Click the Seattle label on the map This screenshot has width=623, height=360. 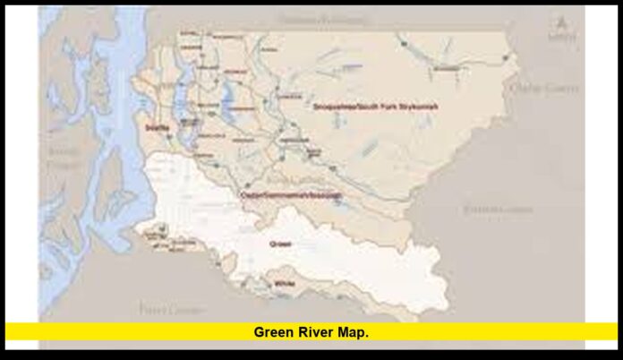[x=157, y=128]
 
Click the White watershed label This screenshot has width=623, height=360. [x=286, y=283]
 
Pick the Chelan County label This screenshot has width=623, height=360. [x=542, y=88]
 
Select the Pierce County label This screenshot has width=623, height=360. [x=162, y=309]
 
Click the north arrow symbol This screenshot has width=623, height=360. [x=562, y=27]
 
